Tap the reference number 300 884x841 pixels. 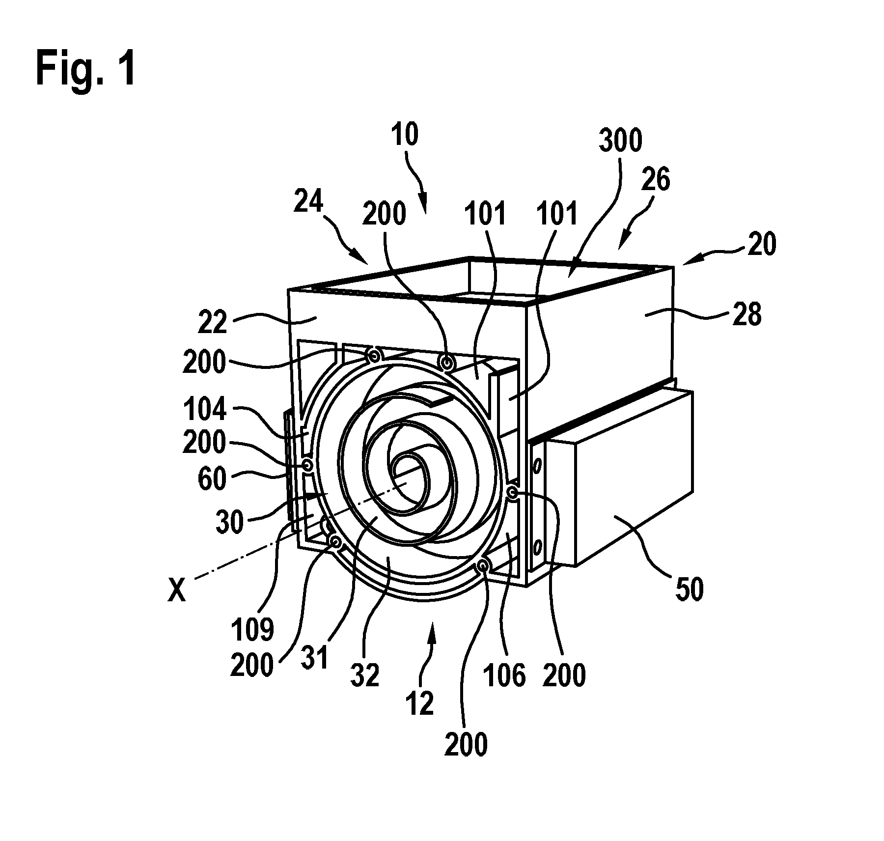[x=620, y=141]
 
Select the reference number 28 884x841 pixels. [x=746, y=314]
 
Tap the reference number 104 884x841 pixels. [x=205, y=409]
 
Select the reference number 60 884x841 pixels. [x=212, y=479]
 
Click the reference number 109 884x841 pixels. [x=253, y=630]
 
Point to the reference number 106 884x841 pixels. [x=505, y=675]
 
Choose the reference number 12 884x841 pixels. [x=420, y=704]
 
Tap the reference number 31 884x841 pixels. [x=315, y=658]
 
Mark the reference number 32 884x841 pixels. [x=365, y=675]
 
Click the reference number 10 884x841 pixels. [x=405, y=135]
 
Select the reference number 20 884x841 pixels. [x=762, y=245]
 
